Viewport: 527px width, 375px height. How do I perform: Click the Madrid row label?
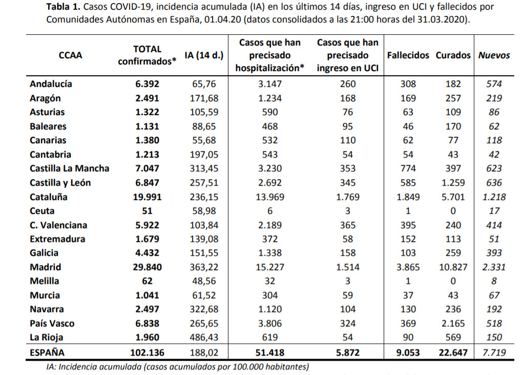[x=46, y=267]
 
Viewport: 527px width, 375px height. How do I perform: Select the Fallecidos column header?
[x=408, y=55]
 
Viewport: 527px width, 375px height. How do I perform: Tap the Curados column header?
[x=453, y=55]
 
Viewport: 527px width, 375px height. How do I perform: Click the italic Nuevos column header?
[x=494, y=55]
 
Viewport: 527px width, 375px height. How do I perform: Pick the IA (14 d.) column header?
[x=204, y=55]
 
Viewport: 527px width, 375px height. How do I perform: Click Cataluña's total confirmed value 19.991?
[x=147, y=197]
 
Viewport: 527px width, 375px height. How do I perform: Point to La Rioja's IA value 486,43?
[x=204, y=338]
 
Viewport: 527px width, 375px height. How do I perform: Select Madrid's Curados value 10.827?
[x=453, y=267]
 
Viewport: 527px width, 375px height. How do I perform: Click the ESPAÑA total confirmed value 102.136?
[x=147, y=353]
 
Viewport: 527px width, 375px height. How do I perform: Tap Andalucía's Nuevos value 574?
[x=494, y=84]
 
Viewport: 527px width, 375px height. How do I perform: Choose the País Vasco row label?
[x=52, y=324]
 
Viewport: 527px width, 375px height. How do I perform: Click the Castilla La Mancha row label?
[x=69, y=168]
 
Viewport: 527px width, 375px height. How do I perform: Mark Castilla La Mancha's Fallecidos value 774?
[x=408, y=168]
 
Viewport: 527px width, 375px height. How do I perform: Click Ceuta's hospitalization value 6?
[x=270, y=211]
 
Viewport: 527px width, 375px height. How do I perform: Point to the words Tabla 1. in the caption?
[x=63, y=6]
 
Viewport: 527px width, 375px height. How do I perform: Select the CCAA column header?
[x=70, y=55]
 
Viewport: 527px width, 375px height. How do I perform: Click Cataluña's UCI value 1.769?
[x=348, y=197]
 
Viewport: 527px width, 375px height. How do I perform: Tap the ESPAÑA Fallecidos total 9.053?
[x=408, y=353]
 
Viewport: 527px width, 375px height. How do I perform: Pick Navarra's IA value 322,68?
[x=204, y=309]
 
